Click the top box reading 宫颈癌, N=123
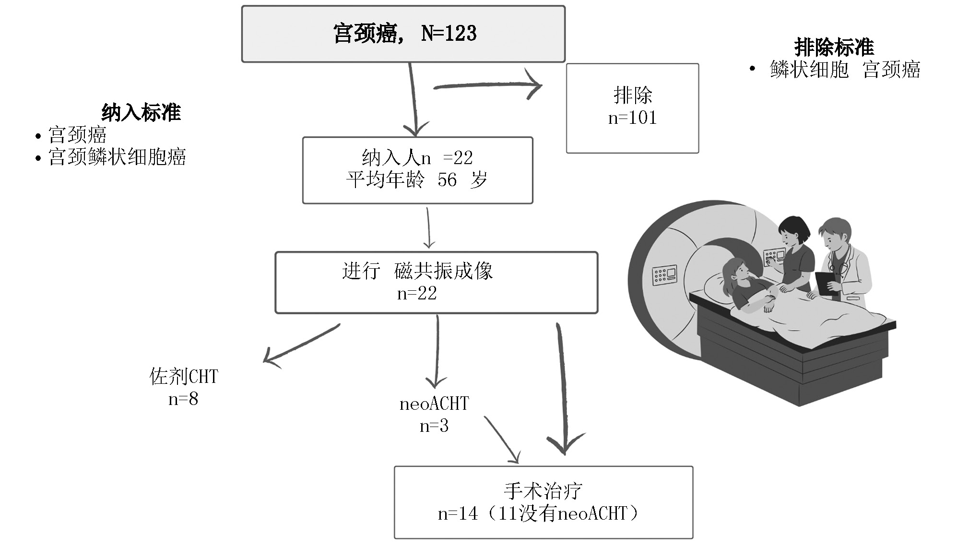tap(403, 34)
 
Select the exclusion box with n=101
tap(632, 108)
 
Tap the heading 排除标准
tap(834, 48)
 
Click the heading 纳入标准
tap(141, 113)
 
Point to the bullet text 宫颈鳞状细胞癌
tap(117, 157)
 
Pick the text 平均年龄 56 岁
tap(416, 180)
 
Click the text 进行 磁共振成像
tap(417, 272)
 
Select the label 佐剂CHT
tap(184, 377)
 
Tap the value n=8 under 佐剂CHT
tap(183, 399)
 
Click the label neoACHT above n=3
tap(434, 404)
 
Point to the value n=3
tap(434, 426)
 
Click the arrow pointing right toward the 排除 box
tap(487, 86)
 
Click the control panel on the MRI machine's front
tap(664, 275)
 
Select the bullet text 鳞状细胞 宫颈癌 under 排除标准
tap(845, 70)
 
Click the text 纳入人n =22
tap(417, 158)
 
